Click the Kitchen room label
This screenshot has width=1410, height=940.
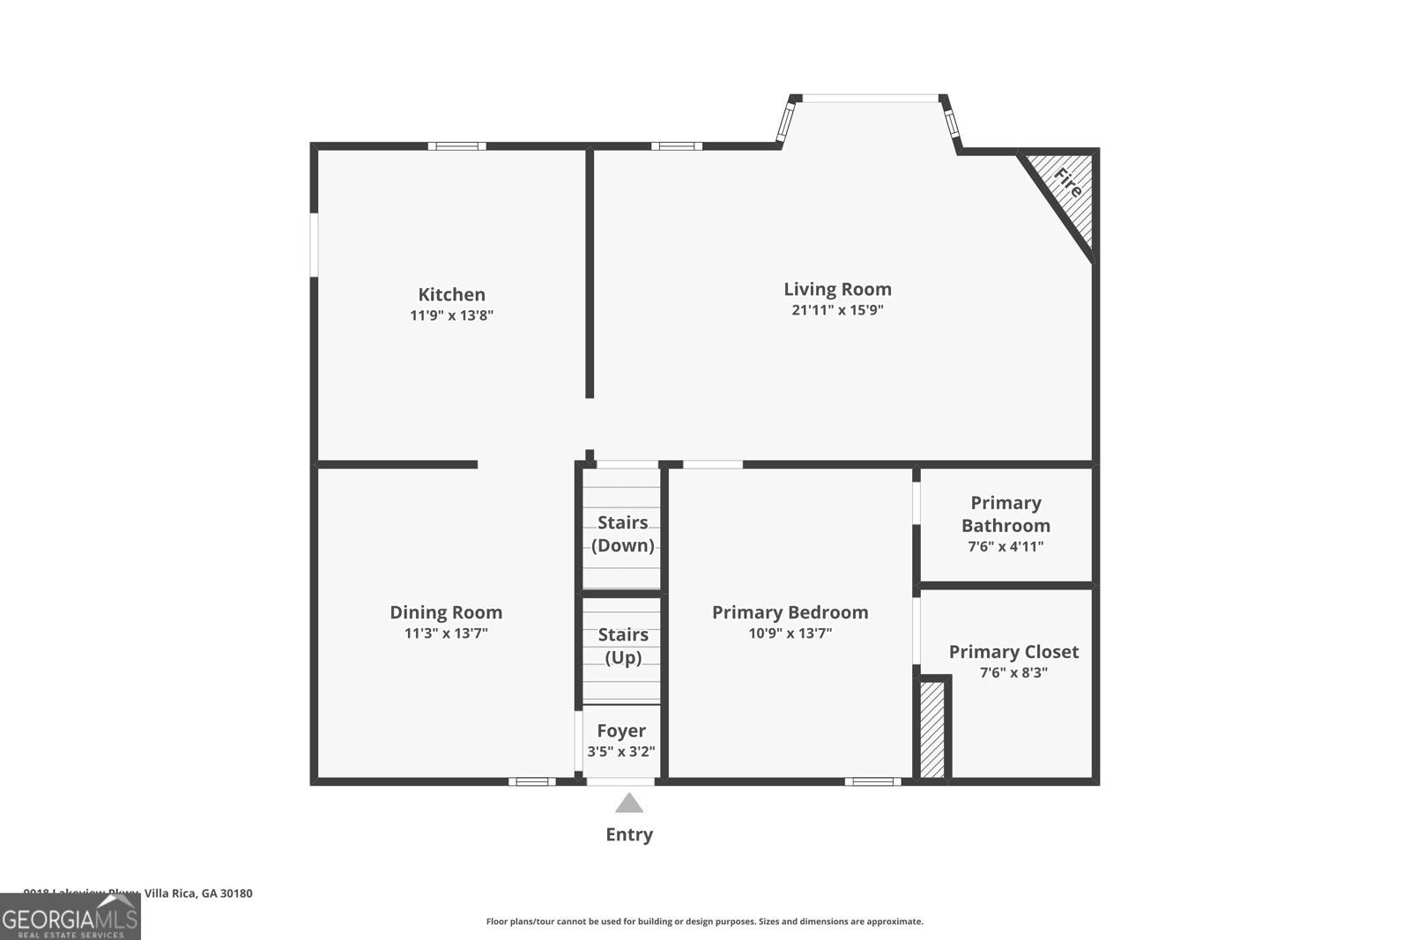451,294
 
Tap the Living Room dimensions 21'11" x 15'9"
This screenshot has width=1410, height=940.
837,310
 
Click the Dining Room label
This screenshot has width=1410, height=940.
446,612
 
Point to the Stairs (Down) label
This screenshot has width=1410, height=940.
622,534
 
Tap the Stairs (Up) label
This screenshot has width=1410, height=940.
623,646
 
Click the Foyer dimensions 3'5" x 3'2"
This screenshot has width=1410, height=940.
621,751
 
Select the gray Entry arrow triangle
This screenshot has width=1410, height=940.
628,803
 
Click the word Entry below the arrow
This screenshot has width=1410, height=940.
628,834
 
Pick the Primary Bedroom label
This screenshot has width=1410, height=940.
790,612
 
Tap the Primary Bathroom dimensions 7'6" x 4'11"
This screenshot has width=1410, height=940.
1006,546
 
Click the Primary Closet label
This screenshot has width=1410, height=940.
1013,652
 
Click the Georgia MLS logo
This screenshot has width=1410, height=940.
70,917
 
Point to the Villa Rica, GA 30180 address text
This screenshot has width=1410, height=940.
198,893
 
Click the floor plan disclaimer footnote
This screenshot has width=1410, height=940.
704,921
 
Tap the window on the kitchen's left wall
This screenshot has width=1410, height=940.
314,245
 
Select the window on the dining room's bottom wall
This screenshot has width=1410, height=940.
531,781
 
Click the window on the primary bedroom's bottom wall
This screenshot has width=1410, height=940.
872,781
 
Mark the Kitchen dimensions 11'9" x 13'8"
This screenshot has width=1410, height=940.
451,315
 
